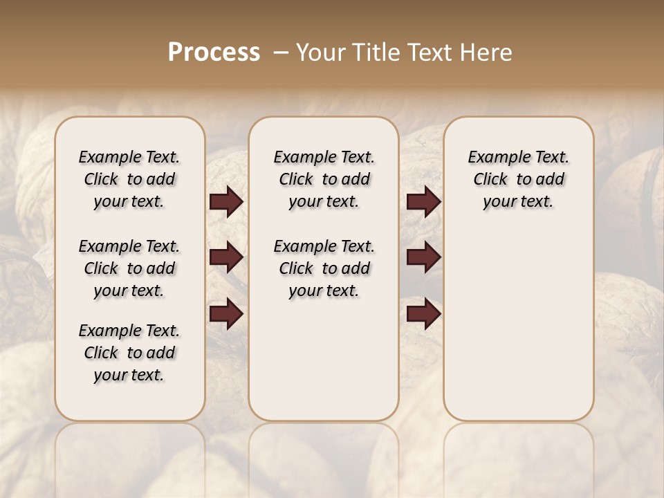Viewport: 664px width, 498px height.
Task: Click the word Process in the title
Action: click(x=214, y=53)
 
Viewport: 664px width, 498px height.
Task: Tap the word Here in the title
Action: click(x=486, y=53)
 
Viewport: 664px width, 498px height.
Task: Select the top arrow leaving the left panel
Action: click(x=226, y=201)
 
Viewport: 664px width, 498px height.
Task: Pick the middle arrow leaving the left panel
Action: click(x=226, y=257)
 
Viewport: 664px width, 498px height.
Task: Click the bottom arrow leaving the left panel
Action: click(x=226, y=314)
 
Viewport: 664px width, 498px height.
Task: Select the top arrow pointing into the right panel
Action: click(x=423, y=201)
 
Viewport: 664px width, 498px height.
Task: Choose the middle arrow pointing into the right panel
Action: click(x=423, y=257)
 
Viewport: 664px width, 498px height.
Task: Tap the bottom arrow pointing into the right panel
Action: click(x=423, y=314)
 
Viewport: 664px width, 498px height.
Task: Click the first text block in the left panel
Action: click(x=129, y=179)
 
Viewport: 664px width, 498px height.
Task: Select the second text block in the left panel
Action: click(x=129, y=268)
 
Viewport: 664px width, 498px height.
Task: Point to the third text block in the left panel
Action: click(x=129, y=353)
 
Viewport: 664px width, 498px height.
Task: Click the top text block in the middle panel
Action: click(x=324, y=179)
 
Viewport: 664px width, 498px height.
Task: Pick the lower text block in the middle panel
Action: click(x=324, y=268)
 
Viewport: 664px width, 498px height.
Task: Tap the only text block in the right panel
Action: click(x=518, y=179)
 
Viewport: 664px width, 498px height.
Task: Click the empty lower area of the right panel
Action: click(x=518, y=325)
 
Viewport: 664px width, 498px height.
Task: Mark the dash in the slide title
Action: click(x=281, y=53)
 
